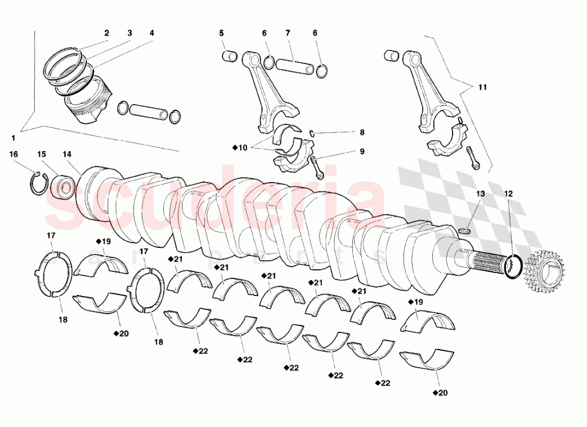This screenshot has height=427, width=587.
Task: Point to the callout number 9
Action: click(362, 152)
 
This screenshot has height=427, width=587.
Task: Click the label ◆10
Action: click(240, 148)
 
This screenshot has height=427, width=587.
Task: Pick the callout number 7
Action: click(288, 33)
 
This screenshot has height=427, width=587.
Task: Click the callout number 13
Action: click(480, 193)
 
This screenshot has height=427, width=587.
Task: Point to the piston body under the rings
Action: click(88, 105)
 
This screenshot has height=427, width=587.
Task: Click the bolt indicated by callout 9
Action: click(318, 167)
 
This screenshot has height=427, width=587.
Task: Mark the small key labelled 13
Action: click(464, 230)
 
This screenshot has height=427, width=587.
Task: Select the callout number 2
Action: click(107, 33)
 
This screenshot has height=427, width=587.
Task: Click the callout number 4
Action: click(151, 33)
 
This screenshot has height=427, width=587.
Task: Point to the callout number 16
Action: click(14, 154)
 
